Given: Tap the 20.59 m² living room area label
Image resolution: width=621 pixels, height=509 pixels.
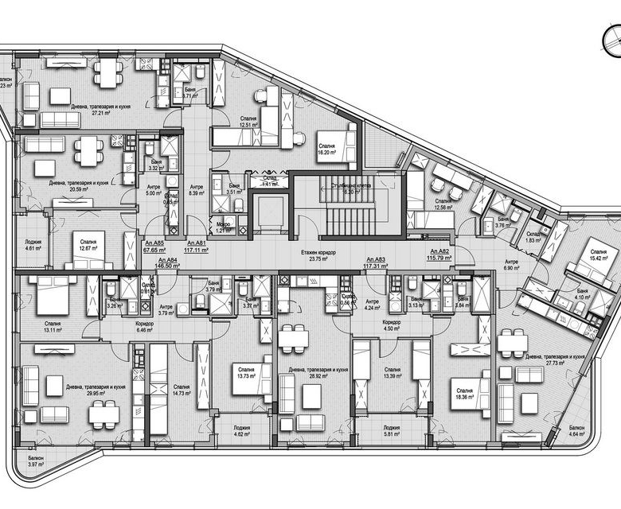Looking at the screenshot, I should coord(78,186).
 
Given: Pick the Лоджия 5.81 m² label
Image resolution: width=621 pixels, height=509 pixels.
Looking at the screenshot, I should coord(391,430).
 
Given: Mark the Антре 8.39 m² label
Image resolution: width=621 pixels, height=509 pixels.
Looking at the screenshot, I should coord(196,190).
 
